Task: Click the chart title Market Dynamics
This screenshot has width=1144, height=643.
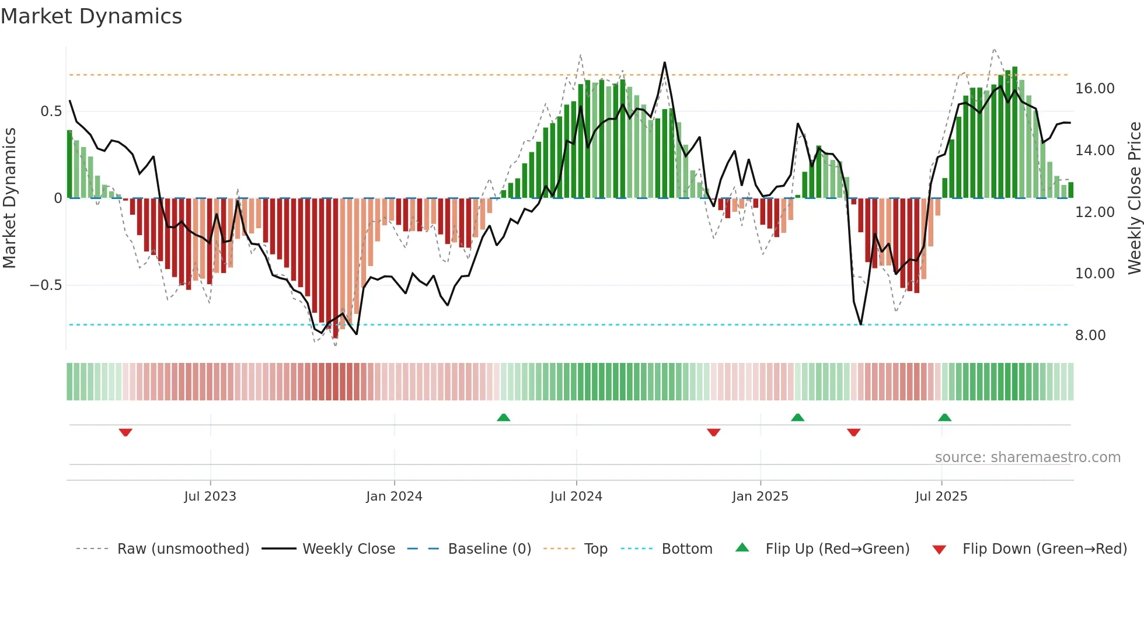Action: tap(91, 16)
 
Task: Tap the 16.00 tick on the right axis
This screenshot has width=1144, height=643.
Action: tap(1094, 89)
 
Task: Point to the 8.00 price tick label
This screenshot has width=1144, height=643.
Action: tap(1090, 336)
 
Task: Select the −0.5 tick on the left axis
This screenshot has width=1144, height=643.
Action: tap(46, 285)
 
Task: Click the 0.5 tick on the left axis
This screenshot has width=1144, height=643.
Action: tap(51, 111)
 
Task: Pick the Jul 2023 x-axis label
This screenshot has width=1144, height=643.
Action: tap(210, 497)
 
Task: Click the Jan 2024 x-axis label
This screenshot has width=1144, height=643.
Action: tap(394, 497)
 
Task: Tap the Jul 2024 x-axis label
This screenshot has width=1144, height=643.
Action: tap(576, 497)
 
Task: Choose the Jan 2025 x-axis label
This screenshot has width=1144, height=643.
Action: tap(760, 497)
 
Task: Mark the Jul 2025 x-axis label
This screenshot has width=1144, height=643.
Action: tap(941, 497)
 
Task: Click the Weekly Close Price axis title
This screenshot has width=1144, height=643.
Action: tap(1134, 198)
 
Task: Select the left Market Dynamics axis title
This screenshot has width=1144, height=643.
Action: tap(9, 198)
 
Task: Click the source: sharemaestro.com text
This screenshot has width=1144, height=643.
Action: tap(1027, 457)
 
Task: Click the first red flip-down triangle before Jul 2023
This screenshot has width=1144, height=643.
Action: tap(125, 432)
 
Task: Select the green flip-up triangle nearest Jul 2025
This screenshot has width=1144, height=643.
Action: tap(944, 417)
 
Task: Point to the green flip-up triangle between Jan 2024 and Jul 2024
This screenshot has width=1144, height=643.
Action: tap(503, 417)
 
